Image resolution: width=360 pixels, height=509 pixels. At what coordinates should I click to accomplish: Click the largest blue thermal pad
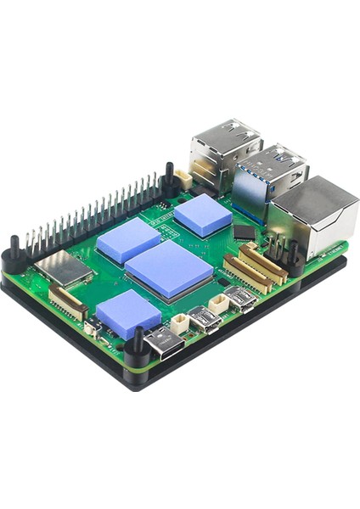click(x=169, y=269)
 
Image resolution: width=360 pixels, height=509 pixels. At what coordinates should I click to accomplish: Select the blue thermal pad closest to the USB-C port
click(x=128, y=313)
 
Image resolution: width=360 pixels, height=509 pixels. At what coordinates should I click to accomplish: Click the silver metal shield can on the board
click(x=65, y=268)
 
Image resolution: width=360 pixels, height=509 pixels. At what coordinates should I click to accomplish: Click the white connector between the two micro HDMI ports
click(x=220, y=304)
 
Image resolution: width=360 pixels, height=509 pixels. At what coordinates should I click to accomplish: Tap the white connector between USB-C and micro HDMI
click(x=180, y=323)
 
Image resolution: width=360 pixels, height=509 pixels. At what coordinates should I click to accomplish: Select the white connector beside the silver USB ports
click(x=183, y=179)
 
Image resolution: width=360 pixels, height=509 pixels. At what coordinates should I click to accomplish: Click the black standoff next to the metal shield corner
click(x=15, y=253)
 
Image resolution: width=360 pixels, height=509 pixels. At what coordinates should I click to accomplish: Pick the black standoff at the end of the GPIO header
click(x=169, y=178)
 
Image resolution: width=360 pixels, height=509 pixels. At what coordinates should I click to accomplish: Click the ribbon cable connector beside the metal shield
click(x=67, y=302)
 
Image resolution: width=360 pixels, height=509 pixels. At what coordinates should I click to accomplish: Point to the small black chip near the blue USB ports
click(x=244, y=232)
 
